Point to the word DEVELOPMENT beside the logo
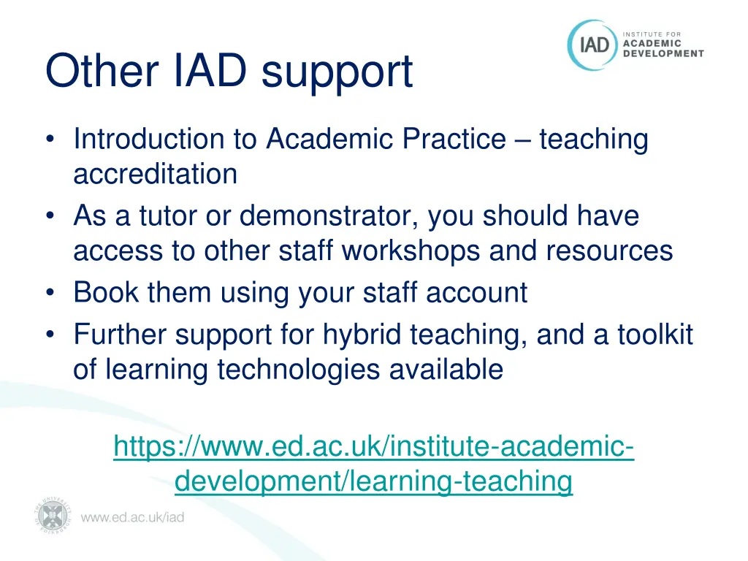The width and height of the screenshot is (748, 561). pos(663,53)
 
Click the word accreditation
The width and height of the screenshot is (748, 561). pos(155,174)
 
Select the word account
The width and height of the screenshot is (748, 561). pos(476,292)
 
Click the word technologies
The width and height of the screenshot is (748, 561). pos(298,370)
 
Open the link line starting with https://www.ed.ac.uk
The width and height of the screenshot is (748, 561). pos(373,446)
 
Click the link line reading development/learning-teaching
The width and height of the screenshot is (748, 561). pos(373,481)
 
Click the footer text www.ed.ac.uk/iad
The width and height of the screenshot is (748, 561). pos(132,518)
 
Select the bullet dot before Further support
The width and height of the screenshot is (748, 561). pos(49,335)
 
